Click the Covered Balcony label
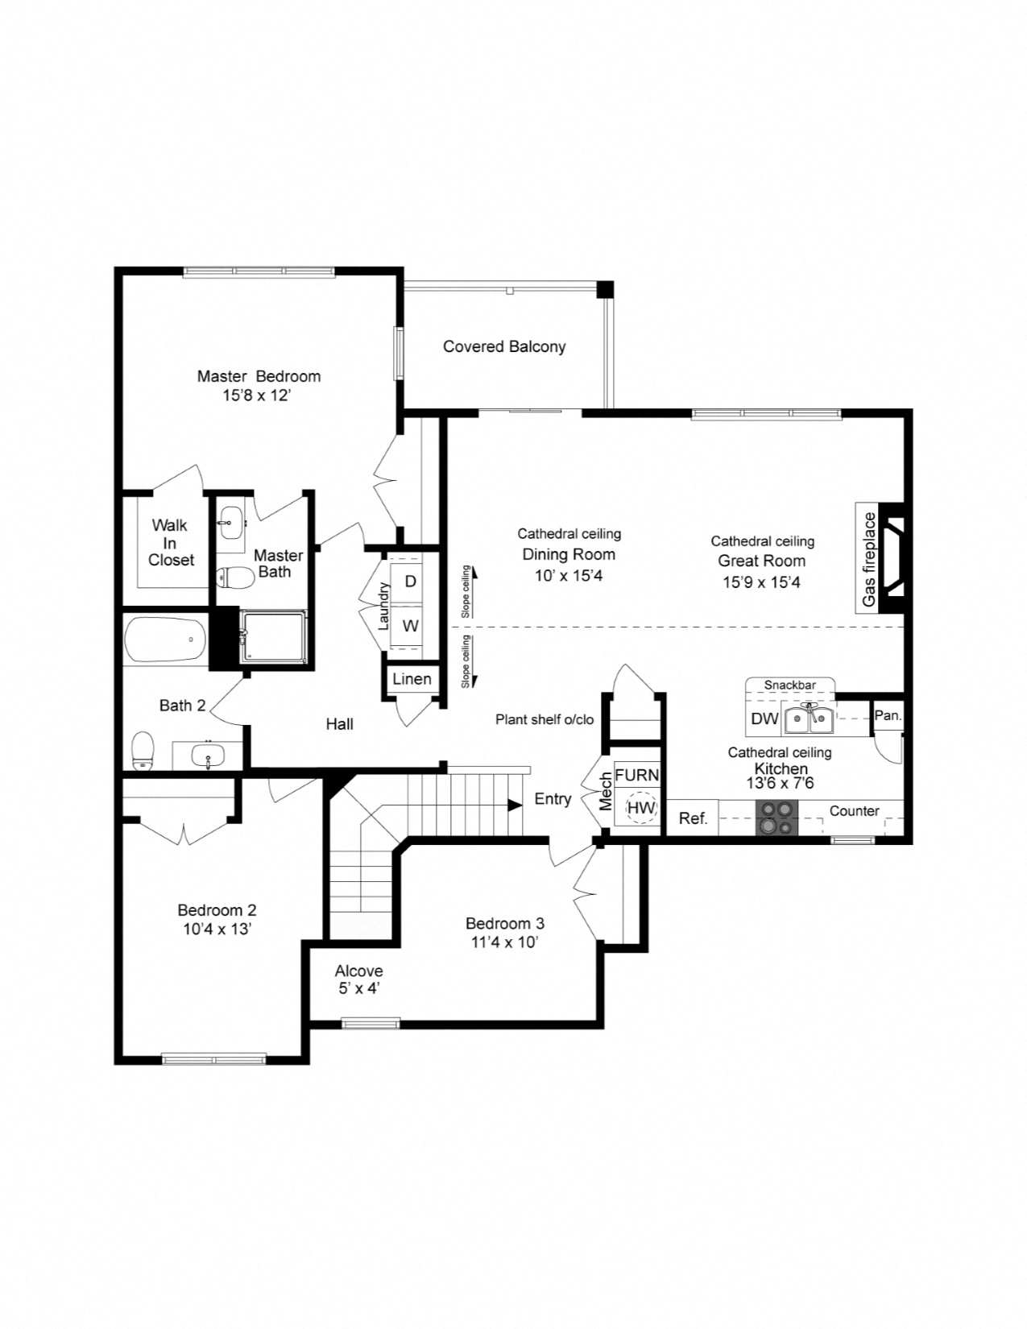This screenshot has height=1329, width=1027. [504, 346]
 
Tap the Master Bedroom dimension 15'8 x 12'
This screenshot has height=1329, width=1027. [256, 395]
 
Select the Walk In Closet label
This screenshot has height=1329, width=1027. [171, 542]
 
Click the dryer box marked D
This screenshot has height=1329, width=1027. [410, 581]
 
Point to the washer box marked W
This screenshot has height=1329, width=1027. [410, 626]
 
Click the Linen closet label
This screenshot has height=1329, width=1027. [412, 679]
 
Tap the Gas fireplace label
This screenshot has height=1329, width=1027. [868, 559]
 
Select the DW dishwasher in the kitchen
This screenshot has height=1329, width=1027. [764, 718]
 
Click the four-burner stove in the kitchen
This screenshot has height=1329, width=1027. [776, 818]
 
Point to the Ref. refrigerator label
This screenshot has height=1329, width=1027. [693, 818]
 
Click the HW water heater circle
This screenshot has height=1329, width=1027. [641, 808]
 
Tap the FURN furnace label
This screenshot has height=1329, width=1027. [636, 775]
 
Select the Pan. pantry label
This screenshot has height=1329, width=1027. [888, 715]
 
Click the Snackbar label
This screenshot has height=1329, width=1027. [789, 685]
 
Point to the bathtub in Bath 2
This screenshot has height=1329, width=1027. [165, 640]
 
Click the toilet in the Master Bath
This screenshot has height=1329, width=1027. [231, 577]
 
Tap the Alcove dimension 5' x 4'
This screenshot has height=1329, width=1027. [359, 988]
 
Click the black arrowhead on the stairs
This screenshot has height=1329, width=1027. [515, 805]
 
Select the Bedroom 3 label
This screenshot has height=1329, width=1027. [505, 923]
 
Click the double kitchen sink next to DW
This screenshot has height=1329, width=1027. [809, 718]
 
